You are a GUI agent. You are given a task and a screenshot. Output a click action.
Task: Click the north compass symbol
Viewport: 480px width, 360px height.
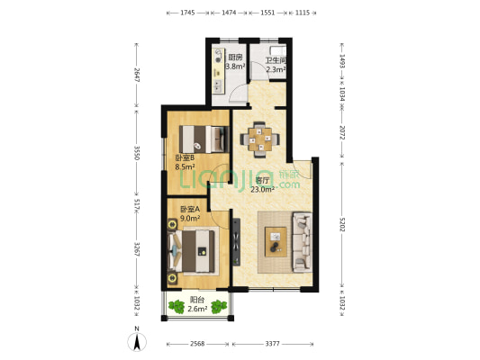(x=137, y=339)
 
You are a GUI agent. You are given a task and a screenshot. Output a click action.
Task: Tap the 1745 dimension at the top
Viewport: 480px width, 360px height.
(x=187, y=13)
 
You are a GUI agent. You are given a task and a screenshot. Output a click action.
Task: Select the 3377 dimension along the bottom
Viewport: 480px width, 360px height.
(x=273, y=344)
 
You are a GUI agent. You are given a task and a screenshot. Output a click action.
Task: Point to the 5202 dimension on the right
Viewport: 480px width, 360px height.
(x=342, y=224)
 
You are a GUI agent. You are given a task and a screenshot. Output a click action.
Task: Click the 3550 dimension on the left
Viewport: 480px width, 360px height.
(x=137, y=153)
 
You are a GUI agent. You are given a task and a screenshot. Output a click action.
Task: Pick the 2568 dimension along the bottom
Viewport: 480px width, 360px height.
(x=197, y=344)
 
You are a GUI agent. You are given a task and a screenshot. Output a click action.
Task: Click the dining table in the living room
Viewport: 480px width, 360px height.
(x=260, y=139)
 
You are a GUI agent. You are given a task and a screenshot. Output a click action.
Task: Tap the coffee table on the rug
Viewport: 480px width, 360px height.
(x=276, y=242)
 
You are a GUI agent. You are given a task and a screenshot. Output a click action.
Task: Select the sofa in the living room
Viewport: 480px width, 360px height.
(x=303, y=242)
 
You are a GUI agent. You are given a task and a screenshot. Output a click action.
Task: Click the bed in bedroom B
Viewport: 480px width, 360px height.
(x=204, y=139)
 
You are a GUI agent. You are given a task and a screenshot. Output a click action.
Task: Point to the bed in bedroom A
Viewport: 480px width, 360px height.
(x=191, y=251)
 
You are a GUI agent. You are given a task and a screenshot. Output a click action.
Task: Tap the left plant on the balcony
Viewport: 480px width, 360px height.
(x=177, y=307)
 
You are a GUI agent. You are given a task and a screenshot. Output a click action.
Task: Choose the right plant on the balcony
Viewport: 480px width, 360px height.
(x=219, y=307)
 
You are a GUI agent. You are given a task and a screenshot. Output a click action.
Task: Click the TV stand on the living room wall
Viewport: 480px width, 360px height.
(x=236, y=242)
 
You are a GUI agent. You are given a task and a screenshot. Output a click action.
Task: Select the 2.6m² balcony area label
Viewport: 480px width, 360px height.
(x=197, y=309)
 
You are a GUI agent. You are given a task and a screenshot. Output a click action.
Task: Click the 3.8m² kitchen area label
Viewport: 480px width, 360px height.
(x=235, y=67)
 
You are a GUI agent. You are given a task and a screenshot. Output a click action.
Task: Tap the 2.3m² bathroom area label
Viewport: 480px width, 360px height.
(x=276, y=69)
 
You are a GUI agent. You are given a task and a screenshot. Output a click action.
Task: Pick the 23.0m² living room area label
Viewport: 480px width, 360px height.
(x=262, y=190)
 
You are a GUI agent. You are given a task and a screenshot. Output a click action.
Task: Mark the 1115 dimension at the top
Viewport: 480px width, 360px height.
(x=303, y=13)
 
